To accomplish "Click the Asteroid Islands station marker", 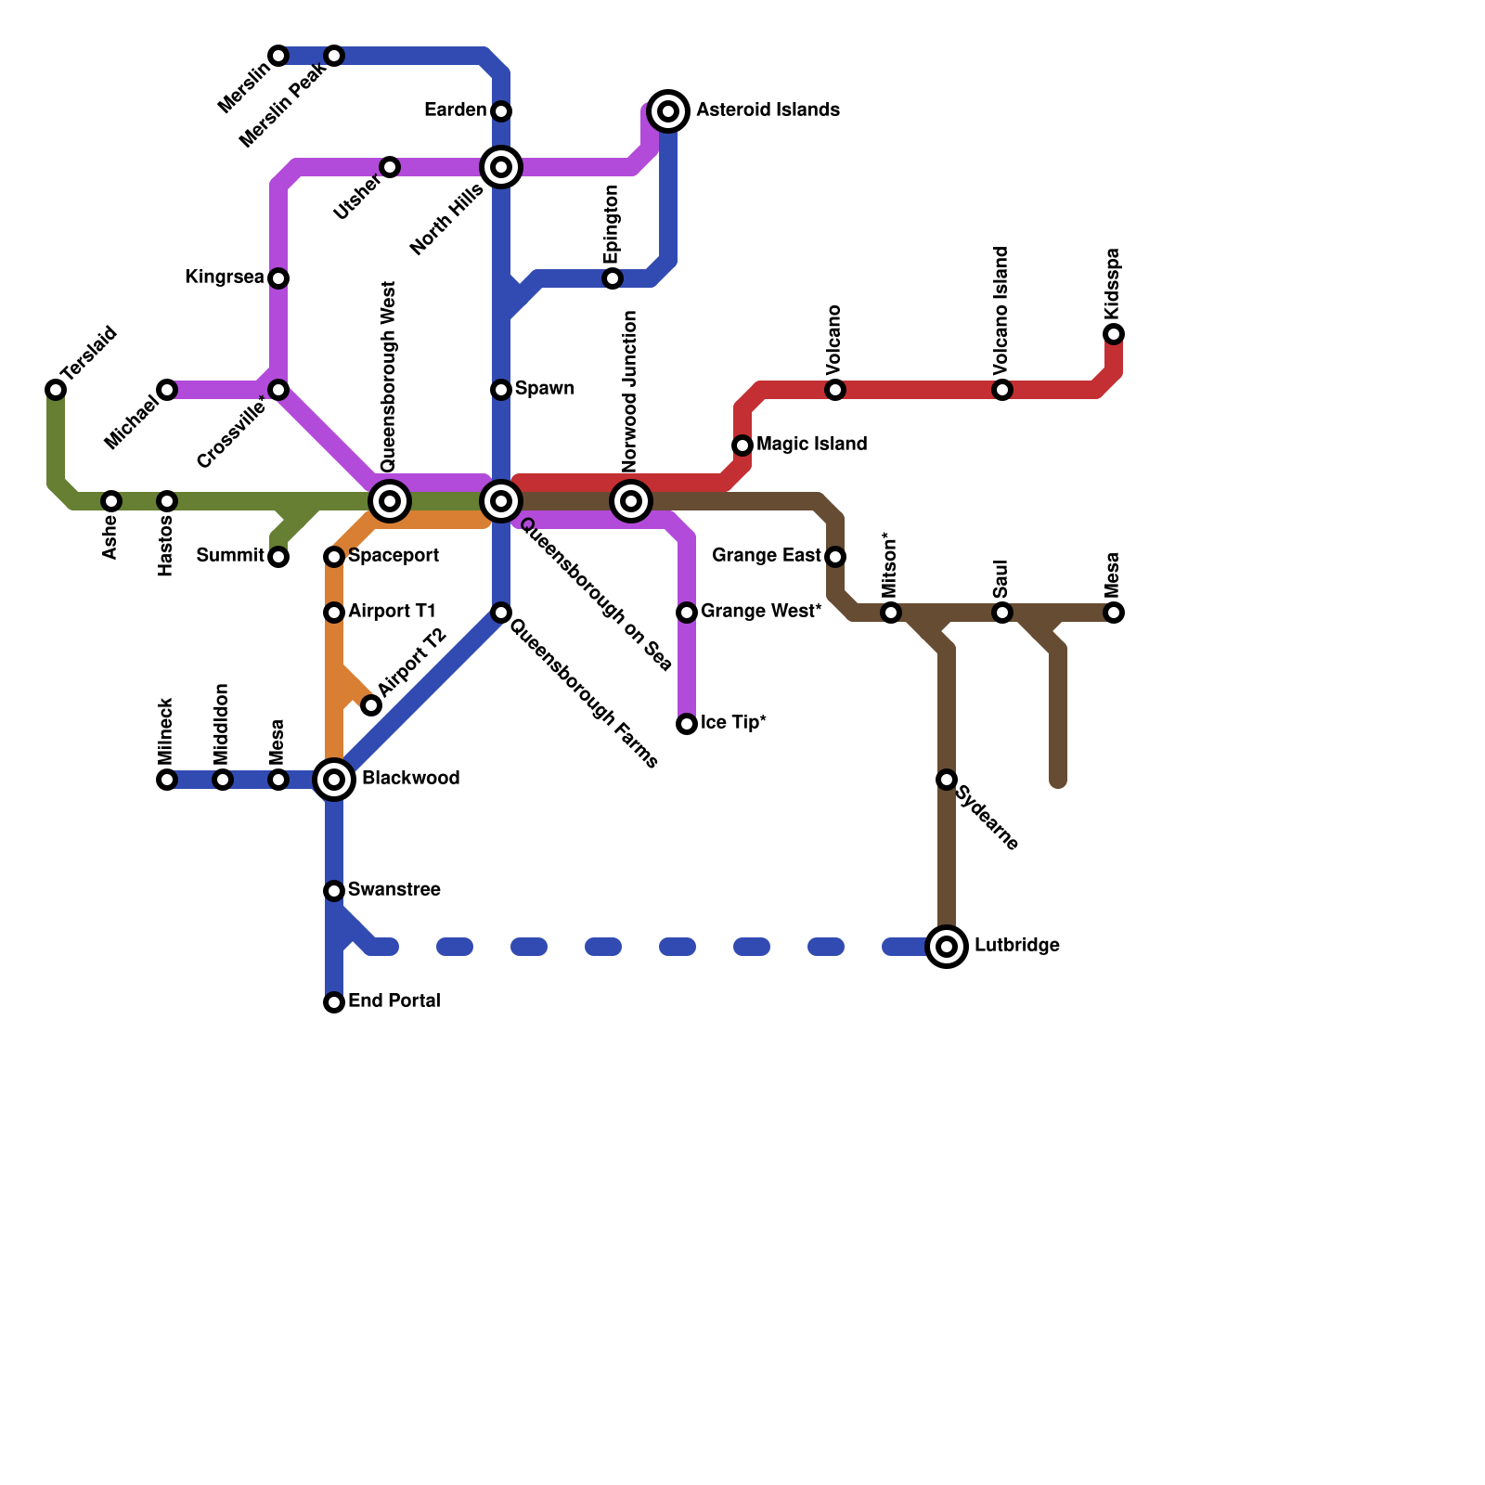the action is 668,111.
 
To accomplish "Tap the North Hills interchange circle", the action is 501,167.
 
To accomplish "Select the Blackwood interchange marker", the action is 334,780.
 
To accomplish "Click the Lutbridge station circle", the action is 947,947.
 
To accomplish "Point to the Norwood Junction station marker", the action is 631,501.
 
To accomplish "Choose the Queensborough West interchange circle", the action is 390,501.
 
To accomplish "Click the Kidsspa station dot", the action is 1114,334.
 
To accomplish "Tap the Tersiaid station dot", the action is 56,390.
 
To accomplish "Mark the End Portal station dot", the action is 334,1002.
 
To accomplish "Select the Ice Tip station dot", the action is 687,724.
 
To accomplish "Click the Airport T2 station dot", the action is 371,705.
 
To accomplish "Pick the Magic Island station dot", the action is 742,445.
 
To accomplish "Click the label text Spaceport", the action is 394,556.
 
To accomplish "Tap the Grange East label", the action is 767,556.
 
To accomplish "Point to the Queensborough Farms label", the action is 584,693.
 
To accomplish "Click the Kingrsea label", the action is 224,278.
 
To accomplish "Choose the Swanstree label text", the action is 394,890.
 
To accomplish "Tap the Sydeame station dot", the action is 947,780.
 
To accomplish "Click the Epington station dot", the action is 613,278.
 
